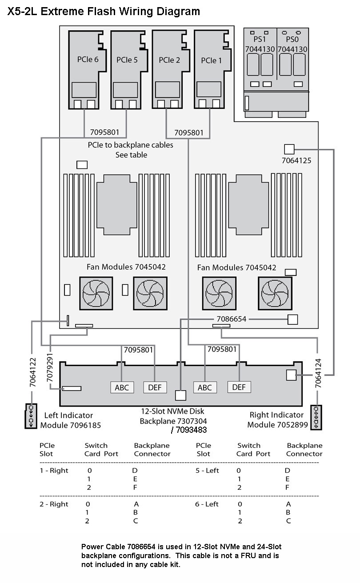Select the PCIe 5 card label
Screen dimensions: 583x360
[127, 60]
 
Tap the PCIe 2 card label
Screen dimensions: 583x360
[169, 60]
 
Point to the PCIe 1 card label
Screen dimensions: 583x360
[211, 60]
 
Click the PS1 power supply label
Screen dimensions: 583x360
[260, 39]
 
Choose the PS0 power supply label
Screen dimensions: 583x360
[292, 39]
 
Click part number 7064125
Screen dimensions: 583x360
[296, 160]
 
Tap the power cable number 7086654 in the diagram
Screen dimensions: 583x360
[231, 319]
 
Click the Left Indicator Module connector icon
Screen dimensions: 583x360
[31, 416]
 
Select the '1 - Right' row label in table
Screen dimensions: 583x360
[54, 471]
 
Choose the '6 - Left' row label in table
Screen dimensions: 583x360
[207, 504]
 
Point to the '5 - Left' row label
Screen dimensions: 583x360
[207, 471]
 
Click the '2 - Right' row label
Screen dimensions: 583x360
[54, 504]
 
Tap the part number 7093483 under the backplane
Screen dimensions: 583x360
[191, 430]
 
